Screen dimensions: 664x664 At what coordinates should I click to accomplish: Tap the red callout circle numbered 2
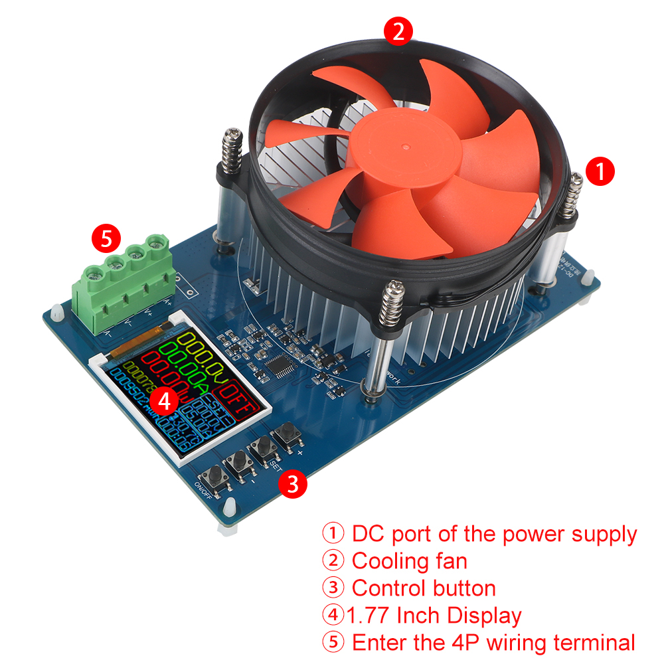click(x=398, y=32)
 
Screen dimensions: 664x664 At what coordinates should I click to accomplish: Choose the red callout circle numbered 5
click(x=107, y=237)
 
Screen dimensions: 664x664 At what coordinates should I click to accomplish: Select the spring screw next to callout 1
click(x=572, y=196)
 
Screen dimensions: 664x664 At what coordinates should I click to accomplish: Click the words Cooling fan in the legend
click(x=409, y=561)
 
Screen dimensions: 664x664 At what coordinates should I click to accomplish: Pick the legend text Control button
click(x=424, y=588)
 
